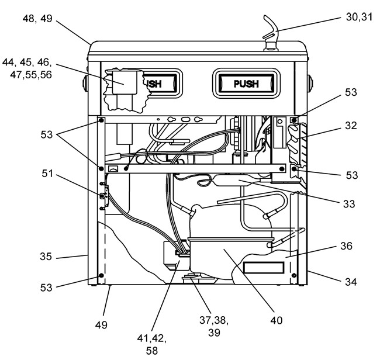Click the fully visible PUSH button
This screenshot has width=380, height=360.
pos(246,84)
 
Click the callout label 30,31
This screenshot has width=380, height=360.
pos(359,17)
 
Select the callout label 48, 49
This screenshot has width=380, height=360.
pos(37,19)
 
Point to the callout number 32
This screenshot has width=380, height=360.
pos(351,126)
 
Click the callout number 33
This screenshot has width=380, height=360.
pos(349,204)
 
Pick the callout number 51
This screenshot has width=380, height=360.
pos(47,174)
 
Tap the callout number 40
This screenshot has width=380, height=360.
pos(277,320)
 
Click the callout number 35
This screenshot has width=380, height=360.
pos(46,257)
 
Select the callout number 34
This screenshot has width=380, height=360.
pos(351,282)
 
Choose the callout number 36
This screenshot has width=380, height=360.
pos(346,246)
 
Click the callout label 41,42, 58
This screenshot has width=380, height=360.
pos(152,344)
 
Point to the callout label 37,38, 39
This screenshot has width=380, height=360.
pos(214,326)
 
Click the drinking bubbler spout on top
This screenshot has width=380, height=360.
pos(271,33)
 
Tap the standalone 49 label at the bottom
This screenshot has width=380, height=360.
pos(101,325)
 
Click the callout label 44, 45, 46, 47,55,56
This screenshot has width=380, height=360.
pos(27,68)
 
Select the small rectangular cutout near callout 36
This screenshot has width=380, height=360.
pos(264,268)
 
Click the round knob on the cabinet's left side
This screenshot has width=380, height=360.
pos(85,84)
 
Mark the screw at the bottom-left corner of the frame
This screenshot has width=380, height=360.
pos(101,275)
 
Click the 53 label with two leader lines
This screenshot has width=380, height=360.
pos(47,134)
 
